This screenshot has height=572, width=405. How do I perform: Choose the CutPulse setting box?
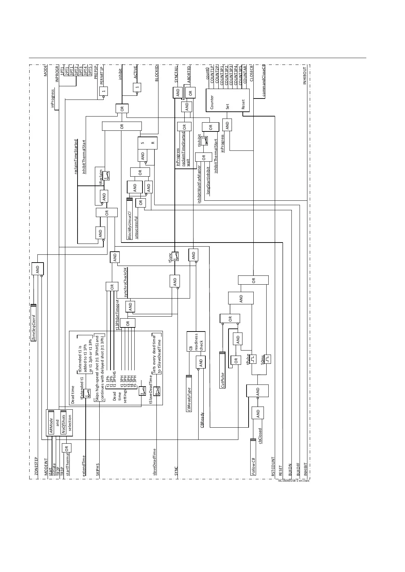(222, 370)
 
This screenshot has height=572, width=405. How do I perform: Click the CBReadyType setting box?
(189, 394)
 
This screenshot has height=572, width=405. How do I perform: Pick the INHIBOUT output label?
(305, 76)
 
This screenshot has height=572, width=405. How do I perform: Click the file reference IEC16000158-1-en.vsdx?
(293, 481)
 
